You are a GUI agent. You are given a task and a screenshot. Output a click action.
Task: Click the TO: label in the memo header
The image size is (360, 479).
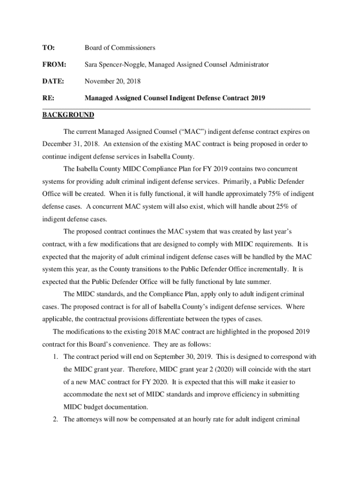[49, 48]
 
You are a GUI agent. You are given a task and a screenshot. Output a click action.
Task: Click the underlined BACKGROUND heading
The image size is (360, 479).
[68, 115]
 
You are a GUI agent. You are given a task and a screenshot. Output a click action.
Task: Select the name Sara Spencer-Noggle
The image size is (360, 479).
[115, 64]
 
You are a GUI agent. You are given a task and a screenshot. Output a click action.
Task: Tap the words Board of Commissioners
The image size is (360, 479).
[120, 48]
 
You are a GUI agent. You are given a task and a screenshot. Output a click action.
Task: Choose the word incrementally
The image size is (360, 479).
[266, 269]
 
